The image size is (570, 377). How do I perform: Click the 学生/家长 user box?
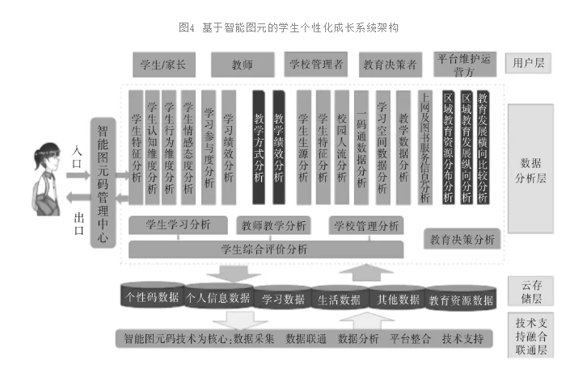click(163, 64)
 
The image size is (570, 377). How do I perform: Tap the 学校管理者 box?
click(315, 64)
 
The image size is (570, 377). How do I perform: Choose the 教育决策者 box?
click(389, 64)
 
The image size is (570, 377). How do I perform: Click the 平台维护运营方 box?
click(464, 64)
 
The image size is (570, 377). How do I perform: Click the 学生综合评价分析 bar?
click(266, 248)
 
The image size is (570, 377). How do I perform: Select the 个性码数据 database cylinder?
click(152, 296)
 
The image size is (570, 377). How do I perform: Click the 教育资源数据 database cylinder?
click(460, 299)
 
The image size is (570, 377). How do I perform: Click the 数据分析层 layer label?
click(530, 170)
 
